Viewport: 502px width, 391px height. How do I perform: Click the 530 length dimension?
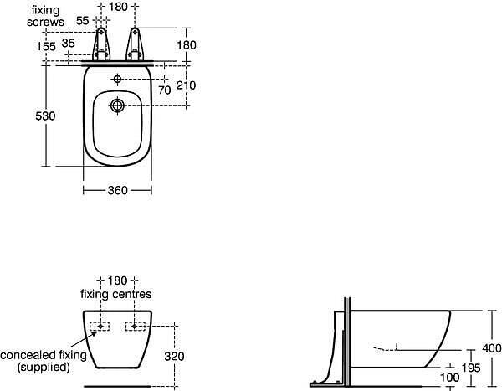[x=45, y=116]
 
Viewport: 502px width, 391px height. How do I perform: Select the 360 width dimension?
[x=117, y=190]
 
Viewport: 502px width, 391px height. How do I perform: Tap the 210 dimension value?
[x=186, y=85]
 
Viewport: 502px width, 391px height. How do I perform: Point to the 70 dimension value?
[x=165, y=90]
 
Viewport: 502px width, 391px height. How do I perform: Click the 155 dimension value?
[x=46, y=47]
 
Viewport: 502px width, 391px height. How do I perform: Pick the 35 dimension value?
[x=69, y=43]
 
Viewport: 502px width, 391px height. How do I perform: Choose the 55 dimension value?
[x=82, y=20]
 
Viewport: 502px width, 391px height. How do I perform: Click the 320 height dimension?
[x=174, y=356]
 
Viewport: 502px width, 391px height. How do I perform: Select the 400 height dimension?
[x=492, y=348]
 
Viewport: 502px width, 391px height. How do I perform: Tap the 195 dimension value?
[x=471, y=368]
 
